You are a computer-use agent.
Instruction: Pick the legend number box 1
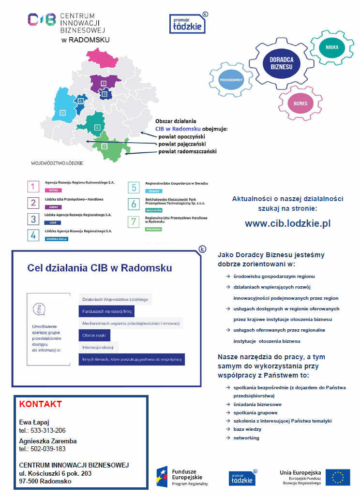pyautogui.click(x=33, y=187)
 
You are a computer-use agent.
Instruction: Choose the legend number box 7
pyautogui.click(x=134, y=222)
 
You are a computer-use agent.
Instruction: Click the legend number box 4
pyautogui.click(x=33, y=235)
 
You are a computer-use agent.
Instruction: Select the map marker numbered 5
pyautogui.click(x=62, y=113)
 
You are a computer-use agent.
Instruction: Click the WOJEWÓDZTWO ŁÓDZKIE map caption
pyautogui.click(x=57, y=163)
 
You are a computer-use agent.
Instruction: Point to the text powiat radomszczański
pyautogui.click(x=187, y=152)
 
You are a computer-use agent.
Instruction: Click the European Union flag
pyautogui.click(x=337, y=477)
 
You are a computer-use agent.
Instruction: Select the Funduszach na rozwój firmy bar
pyautogui.click(x=106, y=312)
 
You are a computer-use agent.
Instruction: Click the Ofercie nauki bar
pyautogui.click(x=94, y=336)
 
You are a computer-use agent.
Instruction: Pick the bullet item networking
pyautogui.click(x=246, y=438)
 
